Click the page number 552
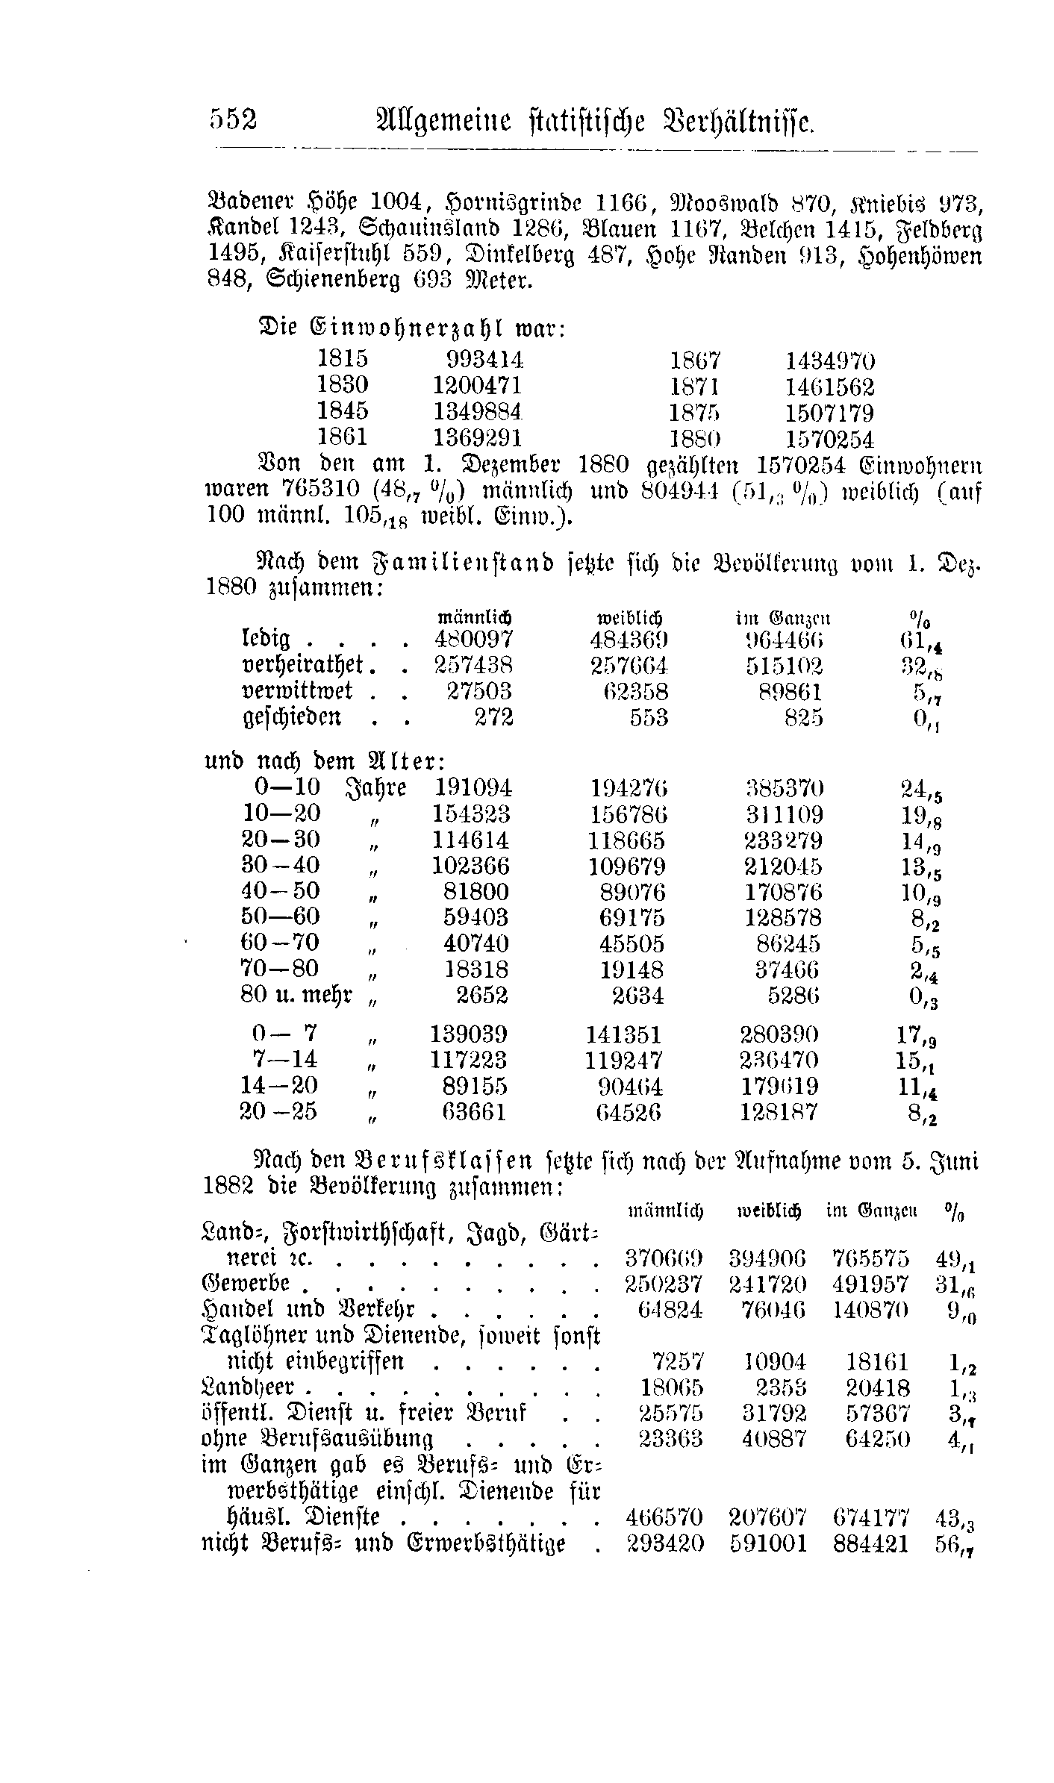pos(233,120)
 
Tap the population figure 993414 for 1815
pos(484,360)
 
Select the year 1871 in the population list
pos(694,387)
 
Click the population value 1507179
pos(829,413)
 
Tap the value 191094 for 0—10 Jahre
pos(473,788)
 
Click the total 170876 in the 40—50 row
pos(783,892)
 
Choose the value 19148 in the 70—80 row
pos(632,969)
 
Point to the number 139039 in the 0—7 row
pos(469,1034)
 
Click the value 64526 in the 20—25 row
pos(629,1112)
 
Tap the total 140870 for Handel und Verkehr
pos(870,1310)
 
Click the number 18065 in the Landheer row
pos(672,1388)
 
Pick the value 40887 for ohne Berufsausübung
pos(775,1438)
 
